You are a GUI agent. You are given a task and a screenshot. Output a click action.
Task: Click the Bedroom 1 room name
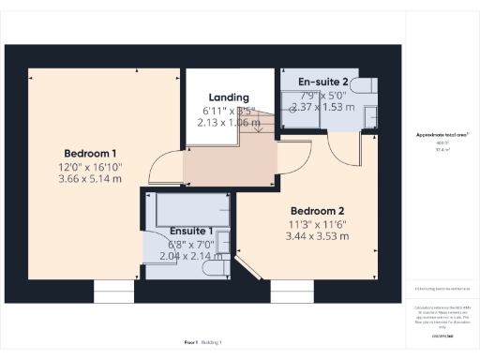pos(90,153)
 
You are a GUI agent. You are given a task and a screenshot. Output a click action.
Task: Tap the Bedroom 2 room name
pos(317,210)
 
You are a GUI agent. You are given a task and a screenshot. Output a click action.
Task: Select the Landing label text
pos(228,97)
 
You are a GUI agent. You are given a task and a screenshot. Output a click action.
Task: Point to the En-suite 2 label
pos(322,81)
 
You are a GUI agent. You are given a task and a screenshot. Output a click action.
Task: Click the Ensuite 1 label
pos(191,231)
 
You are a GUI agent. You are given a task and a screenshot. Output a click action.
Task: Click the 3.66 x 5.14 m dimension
pos(90,178)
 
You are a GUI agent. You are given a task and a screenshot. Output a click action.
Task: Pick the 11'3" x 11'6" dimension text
pos(318,223)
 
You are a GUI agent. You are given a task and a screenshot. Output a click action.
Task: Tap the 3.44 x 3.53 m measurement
pos(318,236)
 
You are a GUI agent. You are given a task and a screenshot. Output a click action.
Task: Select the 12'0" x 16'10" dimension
pos(90,166)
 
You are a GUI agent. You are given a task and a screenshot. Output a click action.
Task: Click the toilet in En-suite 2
pos(370,114)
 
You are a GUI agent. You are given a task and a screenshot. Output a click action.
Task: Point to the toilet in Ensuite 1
pos(215,268)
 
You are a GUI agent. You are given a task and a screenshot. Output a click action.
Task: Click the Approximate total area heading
pos(442,135)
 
